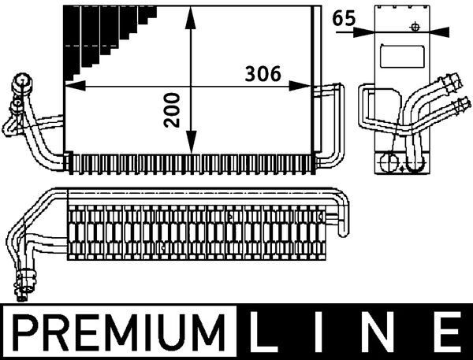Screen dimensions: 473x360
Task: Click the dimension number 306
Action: click(x=263, y=74)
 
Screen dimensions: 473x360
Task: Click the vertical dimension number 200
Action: click(x=172, y=110)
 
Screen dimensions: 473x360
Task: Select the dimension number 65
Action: click(x=344, y=18)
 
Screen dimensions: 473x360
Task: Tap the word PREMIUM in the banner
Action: click(x=120, y=332)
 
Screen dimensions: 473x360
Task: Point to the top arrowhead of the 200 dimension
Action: click(x=191, y=18)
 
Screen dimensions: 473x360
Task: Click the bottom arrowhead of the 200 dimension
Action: click(x=191, y=142)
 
